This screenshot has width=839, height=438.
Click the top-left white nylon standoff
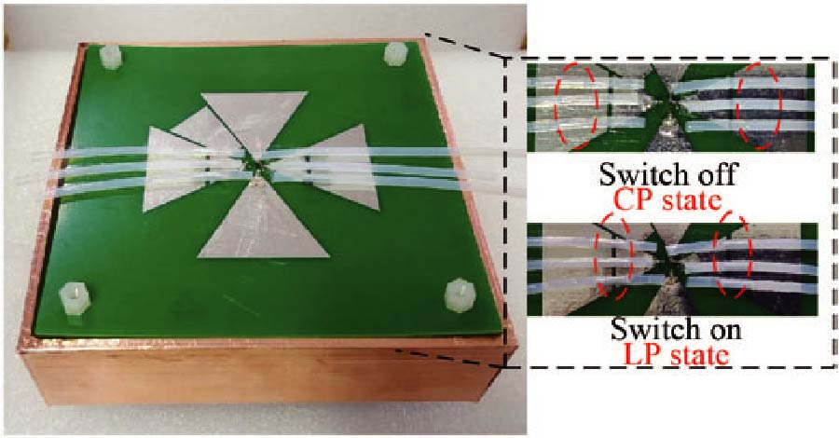coord(112,57)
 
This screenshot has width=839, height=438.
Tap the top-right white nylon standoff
coord(395,53)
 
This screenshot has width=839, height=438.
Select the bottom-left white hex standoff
coord(75,298)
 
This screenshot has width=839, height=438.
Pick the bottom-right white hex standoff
coord(461,294)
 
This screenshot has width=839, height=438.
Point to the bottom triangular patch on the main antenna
coord(262,225)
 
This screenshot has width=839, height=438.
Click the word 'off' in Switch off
coord(714,173)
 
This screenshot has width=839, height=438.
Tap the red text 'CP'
coord(635,200)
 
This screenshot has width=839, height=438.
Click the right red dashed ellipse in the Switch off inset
coord(759,105)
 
